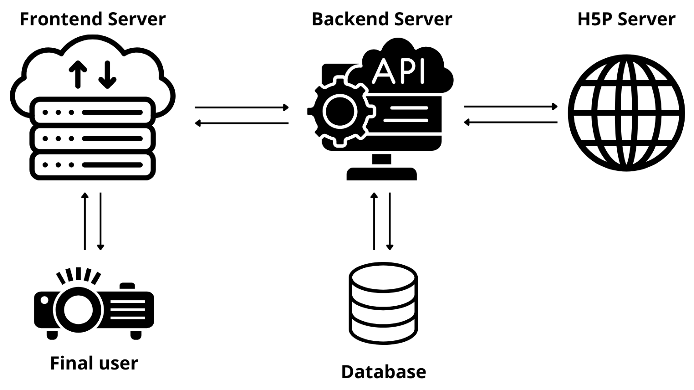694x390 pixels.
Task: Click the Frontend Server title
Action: (x=93, y=19)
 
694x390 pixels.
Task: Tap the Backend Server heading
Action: (x=381, y=19)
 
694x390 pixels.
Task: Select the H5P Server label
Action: (x=626, y=19)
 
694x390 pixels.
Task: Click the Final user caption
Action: (x=94, y=363)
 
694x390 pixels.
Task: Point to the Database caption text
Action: (x=383, y=372)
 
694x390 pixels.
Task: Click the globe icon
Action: (x=626, y=113)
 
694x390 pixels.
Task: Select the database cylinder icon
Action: (x=383, y=303)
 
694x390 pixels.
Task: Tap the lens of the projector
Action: (x=78, y=310)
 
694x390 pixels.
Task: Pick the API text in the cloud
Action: (x=398, y=71)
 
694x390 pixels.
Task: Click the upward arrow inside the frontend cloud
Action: (x=78, y=74)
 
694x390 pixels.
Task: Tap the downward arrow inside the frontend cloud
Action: (x=107, y=74)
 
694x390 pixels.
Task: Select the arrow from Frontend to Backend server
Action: (x=242, y=108)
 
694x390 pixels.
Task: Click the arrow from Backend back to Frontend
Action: (x=242, y=123)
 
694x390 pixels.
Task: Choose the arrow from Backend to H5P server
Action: (x=511, y=106)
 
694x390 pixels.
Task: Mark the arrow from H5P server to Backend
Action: (x=511, y=122)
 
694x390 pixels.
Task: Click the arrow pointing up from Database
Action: (x=374, y=221)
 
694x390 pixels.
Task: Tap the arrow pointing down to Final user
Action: (x=100, y=221)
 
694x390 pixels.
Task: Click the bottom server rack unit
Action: (x=93, y=165)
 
